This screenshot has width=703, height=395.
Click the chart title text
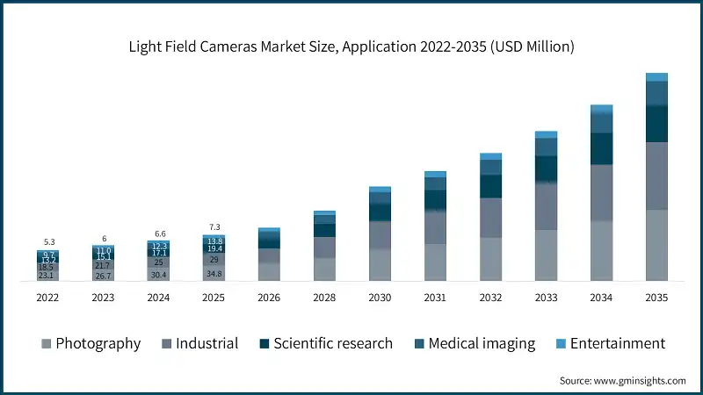click(351, 47)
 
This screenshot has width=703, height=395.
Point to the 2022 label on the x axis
click(48, 298)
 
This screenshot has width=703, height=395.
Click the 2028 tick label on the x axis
click(324, 298)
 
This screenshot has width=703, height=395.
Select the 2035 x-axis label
click(656, 298)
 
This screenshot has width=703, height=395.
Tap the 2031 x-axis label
click(435, 298)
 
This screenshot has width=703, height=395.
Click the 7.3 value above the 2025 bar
click(214, 226)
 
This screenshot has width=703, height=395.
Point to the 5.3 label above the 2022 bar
click(48, 242)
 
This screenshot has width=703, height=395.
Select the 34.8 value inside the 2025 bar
click(214, 274)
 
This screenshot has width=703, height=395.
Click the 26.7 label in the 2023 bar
click(104, 275)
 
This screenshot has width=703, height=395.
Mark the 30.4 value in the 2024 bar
click(158, 275)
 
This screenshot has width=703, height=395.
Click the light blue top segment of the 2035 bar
click(656, 77)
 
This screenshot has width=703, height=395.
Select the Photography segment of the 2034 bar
click(601, 250)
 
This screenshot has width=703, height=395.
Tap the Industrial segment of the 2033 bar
click(546, 206)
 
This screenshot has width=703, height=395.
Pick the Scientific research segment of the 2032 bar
click(490, 186)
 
